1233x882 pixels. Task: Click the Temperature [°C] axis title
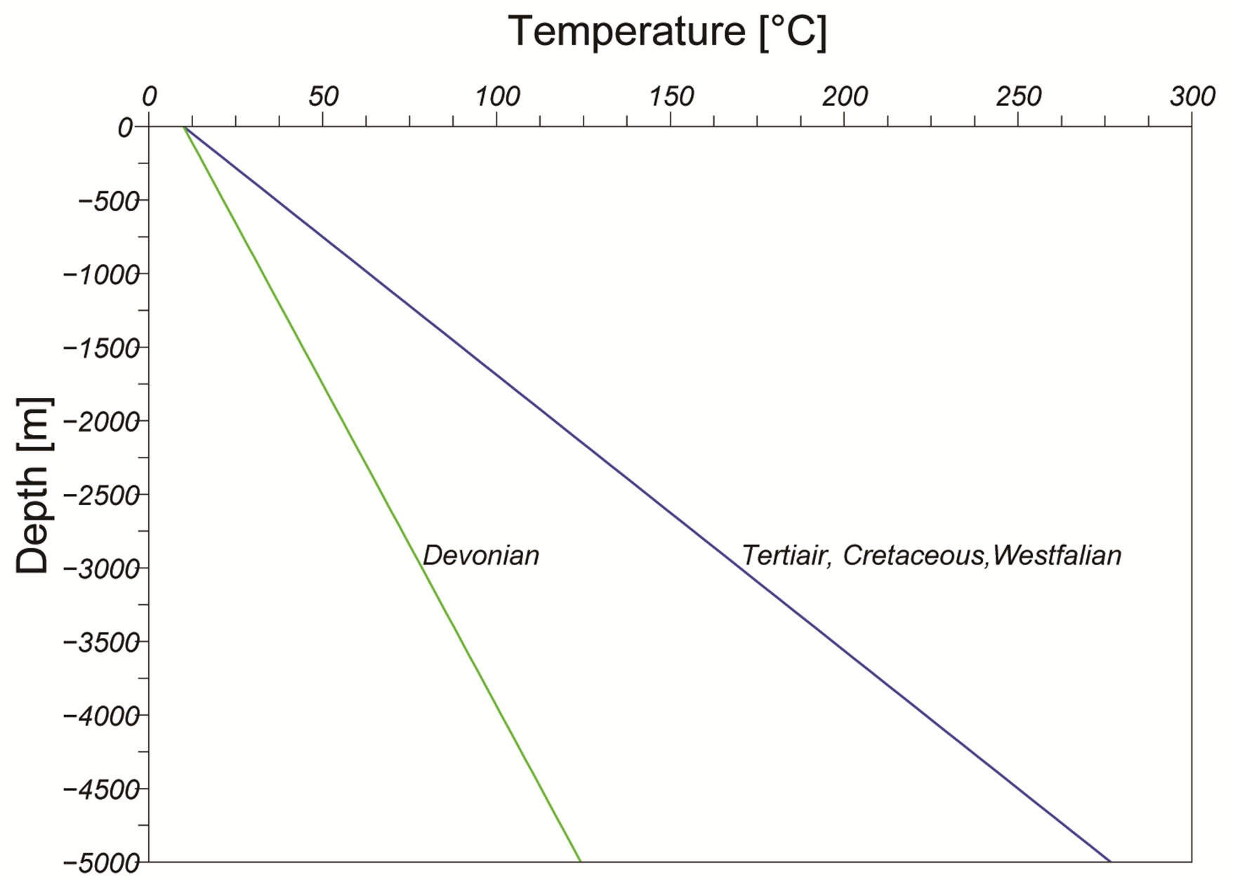point(667,32)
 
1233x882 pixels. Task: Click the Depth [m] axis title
point(34,486)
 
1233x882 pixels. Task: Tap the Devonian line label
point(481,556)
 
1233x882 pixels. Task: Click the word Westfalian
point(1057,556)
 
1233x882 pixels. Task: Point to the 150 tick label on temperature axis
point(671,97)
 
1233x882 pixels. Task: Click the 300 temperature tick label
point(1192,97)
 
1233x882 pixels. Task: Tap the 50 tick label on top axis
point(323,97)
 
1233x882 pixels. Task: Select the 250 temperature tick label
point(1018,97)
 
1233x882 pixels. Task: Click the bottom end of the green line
point(580,860)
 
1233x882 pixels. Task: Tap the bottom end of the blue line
point(1109,860)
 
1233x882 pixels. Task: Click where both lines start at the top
point(185,128)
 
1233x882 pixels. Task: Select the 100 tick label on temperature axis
point(497,97)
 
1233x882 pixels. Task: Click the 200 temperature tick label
point(845,97)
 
